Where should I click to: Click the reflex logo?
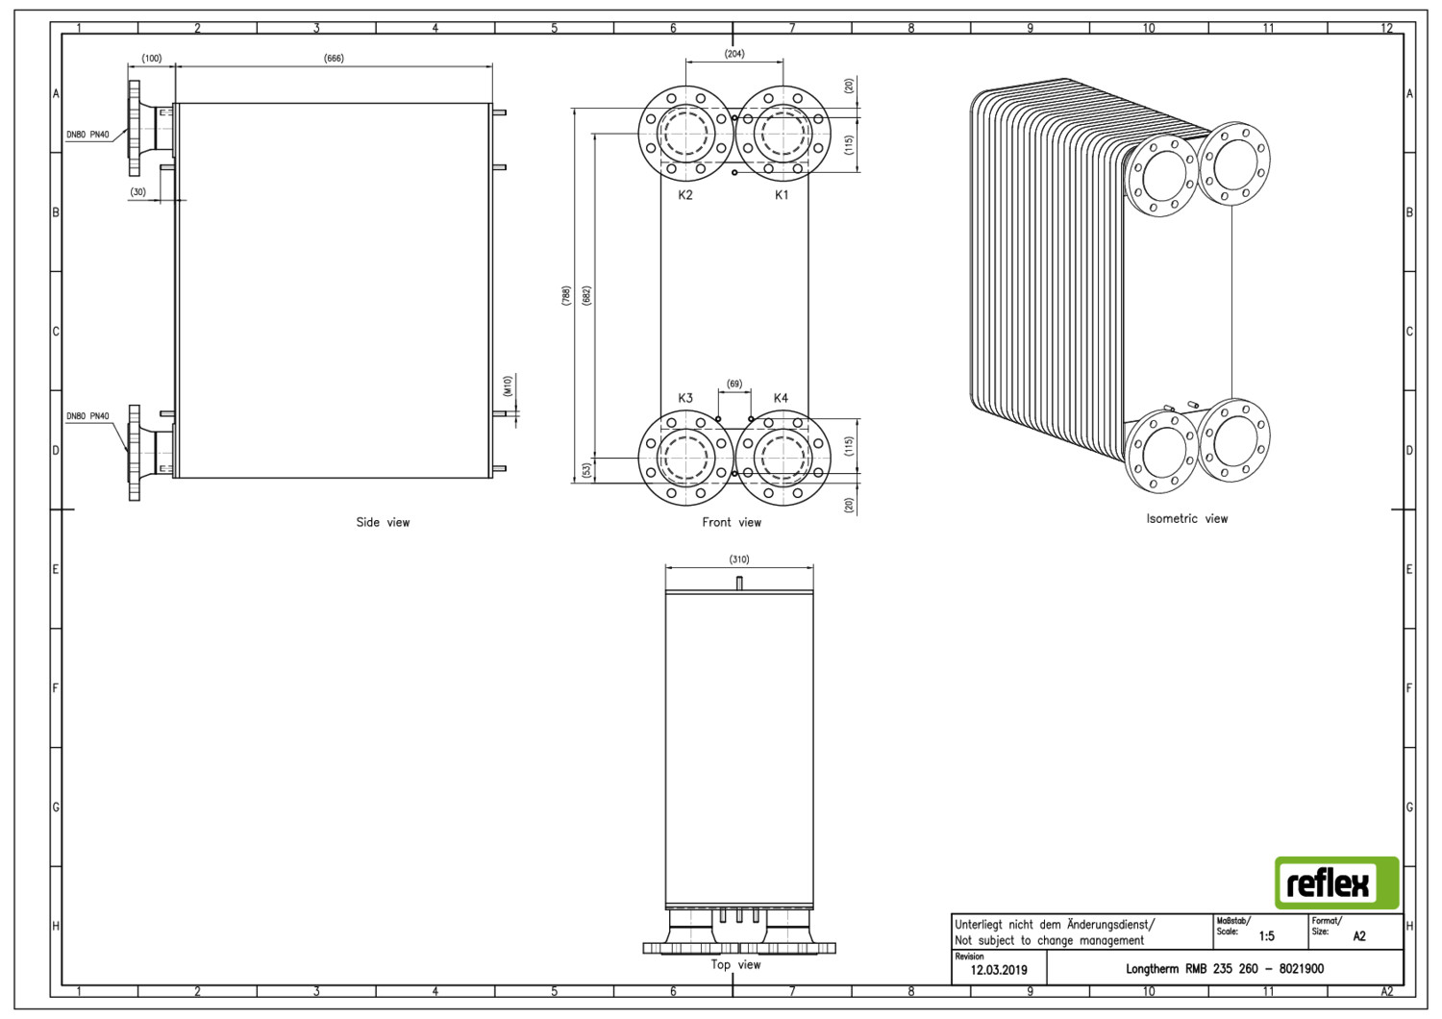(1336, 882)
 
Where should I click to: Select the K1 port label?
(781, 194)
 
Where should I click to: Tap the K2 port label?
(684, 194)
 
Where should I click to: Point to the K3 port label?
(684, 398)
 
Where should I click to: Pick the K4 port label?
(781, 398)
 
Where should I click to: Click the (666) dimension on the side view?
(334, 58)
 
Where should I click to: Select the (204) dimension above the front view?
(734, 54)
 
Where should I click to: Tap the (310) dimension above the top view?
(739, 559)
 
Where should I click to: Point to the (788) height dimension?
(566, 295)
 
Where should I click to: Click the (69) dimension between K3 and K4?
(734, 384)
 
